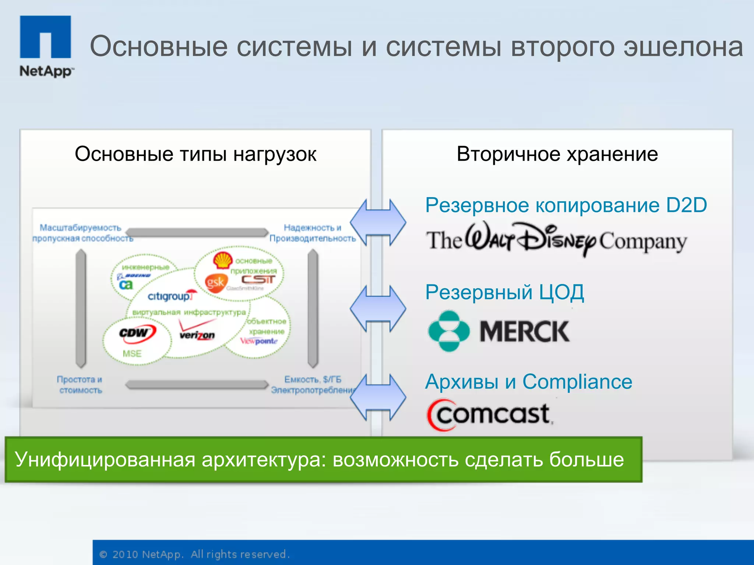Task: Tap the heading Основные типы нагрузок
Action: (x=195, y=154)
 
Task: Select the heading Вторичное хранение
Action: (x=557, y=154)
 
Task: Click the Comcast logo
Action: (x=490, y=415)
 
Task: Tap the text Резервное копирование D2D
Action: (x=566, y=205)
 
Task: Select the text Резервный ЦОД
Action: (x=504, y=292)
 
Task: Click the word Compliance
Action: (x=577, y=382)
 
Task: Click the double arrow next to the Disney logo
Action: (x=378, y=223)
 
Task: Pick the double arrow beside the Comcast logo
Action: (x=378, y=397)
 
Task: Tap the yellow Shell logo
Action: (x=222, y=260)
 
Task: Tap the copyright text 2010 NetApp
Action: (x=147, y=554)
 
